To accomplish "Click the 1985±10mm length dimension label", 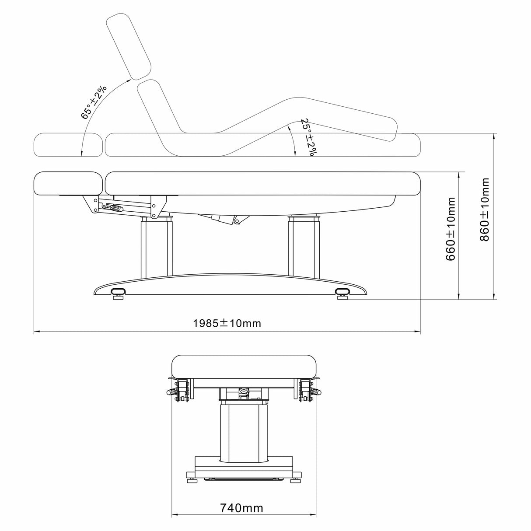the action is pos(227,323).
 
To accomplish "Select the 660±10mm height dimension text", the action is pos(450,229).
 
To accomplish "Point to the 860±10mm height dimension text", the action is pos(485,210).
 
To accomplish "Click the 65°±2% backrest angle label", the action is pos(94,102).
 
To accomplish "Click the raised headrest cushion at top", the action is pos(129,47).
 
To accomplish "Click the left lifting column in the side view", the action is pos(157,247).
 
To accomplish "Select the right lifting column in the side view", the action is pos(304,246).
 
